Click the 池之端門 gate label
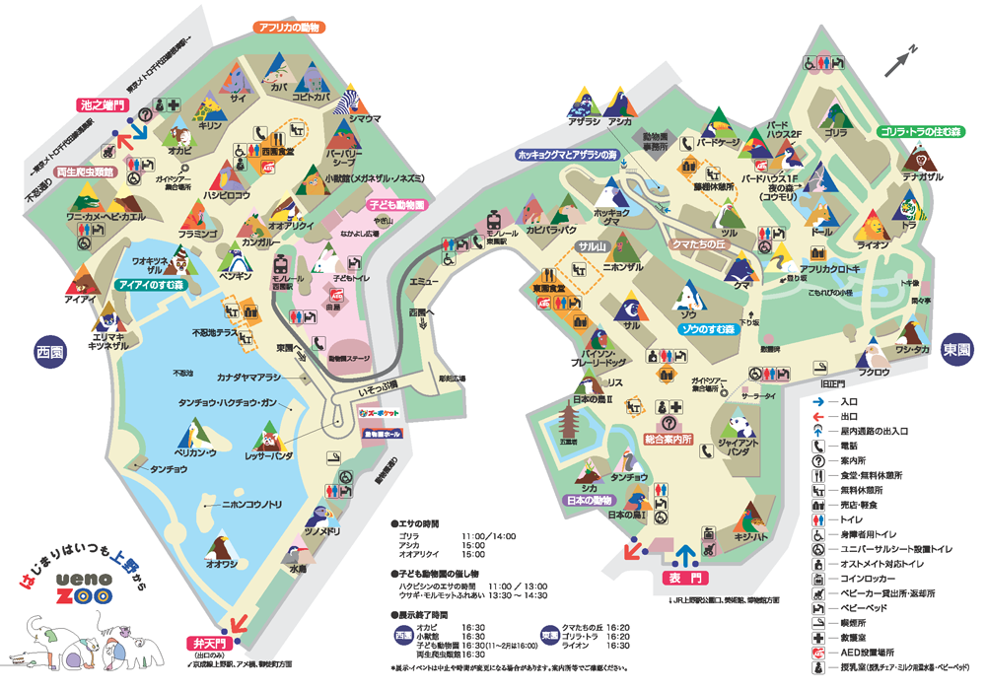click(103, 103)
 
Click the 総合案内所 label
click(669, 438)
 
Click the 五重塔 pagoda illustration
click(567, 425)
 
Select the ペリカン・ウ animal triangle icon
click(193, 433)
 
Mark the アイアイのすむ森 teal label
click(152, 284)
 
